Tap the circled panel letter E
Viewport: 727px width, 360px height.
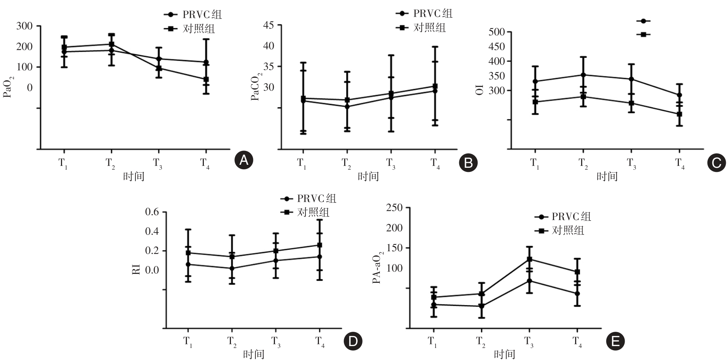(615, 341)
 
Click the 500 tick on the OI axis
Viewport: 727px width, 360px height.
(496, 32)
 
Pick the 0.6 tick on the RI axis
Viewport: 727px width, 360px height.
(152, 212)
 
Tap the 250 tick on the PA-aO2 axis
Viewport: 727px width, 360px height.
(394, 208)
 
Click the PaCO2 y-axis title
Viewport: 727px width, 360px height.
(255, 88)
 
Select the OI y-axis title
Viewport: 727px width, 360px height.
(480, 90)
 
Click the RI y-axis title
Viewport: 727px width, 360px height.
(137, 269)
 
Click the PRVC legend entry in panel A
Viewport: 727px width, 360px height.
(193, 14)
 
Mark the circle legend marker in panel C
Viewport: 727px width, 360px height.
(643, 21)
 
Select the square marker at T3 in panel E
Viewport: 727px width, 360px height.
(529, 259)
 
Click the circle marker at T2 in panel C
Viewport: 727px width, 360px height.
(583, 75)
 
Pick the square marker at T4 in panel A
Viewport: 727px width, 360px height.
(206, 79)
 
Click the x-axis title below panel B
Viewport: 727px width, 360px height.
(368, 176)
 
